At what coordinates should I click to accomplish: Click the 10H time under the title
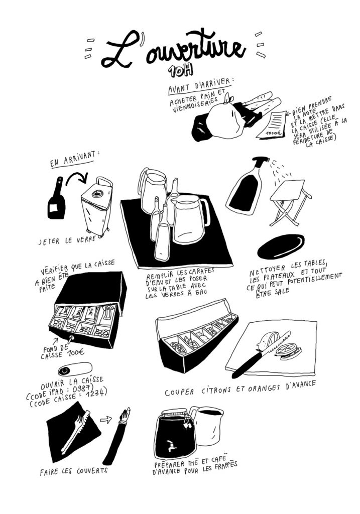point(180,71)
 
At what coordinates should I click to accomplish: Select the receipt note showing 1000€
point(272,125)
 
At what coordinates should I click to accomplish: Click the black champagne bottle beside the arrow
point(57,199)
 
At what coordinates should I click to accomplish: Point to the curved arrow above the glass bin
point(77,177)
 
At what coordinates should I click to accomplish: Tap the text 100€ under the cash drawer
point(76,352)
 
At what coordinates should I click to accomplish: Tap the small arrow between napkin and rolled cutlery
point(106,419)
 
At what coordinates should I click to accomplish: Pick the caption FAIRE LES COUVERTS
point(74,471)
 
